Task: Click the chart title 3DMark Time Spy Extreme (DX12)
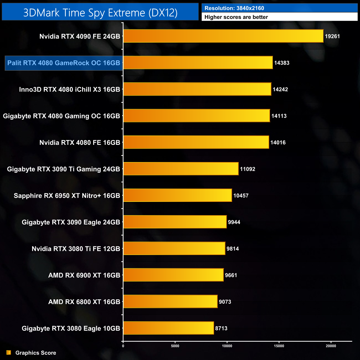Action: coord(100,12)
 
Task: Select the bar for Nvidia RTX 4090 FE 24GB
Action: coord(223,36)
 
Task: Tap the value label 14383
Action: coord(282,63)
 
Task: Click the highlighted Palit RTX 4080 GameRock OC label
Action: coord(64,63)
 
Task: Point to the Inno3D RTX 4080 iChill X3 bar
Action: coord(197,89)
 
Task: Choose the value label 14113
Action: coord(279,116)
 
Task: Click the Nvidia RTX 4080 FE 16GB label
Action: coord(80,143)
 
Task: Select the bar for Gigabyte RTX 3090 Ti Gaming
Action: coord(181,169)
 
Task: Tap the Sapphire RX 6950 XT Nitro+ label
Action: coord(67,196)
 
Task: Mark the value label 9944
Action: coord(234,222)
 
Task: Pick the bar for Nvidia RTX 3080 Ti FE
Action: coord(174,248)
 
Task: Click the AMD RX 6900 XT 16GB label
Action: coord(84,275)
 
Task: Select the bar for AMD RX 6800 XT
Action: coord(170,301)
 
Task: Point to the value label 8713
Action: coord(221,328)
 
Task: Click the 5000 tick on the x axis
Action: coord(175,346)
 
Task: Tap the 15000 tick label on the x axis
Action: coord(279,346)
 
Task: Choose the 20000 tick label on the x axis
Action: coord(331,346)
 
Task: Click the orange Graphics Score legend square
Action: coord(9,353)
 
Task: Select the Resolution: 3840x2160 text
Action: coord(234,8)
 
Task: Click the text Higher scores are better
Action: coord(236,17)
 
